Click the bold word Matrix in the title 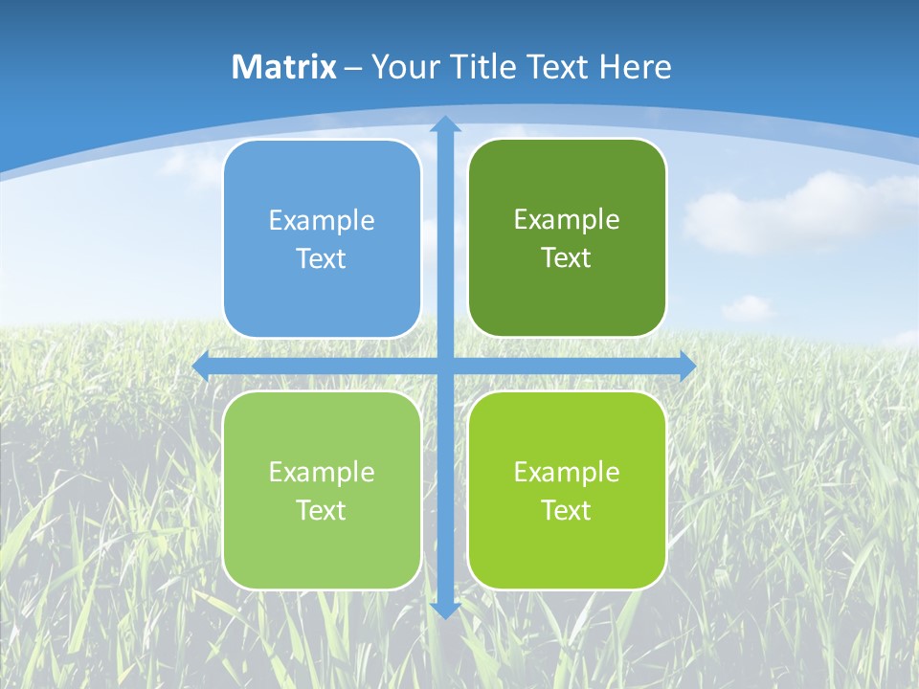tap(284, 67)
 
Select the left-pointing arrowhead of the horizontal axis tap(201, 366)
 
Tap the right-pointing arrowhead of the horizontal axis tap(688, 366)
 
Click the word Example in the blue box tap(322, 221)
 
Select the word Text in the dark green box tap(566, 258)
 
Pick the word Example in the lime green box tap(567, 472)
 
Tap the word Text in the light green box tap(321, 510)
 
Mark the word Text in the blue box tap(321, 259)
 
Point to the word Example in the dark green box tap(567, 220)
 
